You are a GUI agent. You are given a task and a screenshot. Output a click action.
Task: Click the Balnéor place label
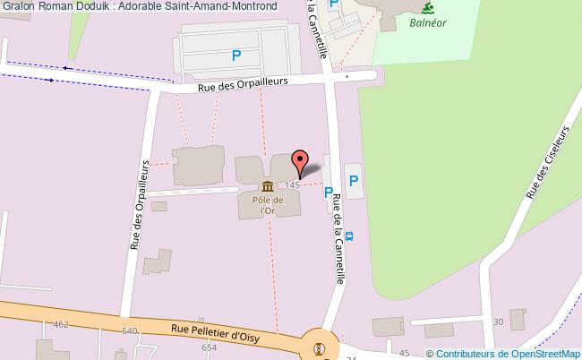pyautogui.click(x=429, y=24)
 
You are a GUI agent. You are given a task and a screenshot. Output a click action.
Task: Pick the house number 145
pyautogui.click(x=293, y=184)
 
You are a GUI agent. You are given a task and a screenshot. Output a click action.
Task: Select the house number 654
pyautogui.click(x=210, y=347)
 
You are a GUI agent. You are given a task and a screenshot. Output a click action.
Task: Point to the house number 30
pyautogui.click(x=498, y=321)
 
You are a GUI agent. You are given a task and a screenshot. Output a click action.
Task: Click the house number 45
pyautogui.click(x=404, y=353)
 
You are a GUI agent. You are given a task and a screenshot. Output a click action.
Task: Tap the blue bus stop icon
pyautogui.click(x=348, y=237)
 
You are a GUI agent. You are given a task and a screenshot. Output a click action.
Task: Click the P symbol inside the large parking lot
pyautogui.click(x=235, y=56)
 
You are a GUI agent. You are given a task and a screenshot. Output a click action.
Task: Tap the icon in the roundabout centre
pyautogui.click(x=315, y=348)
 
